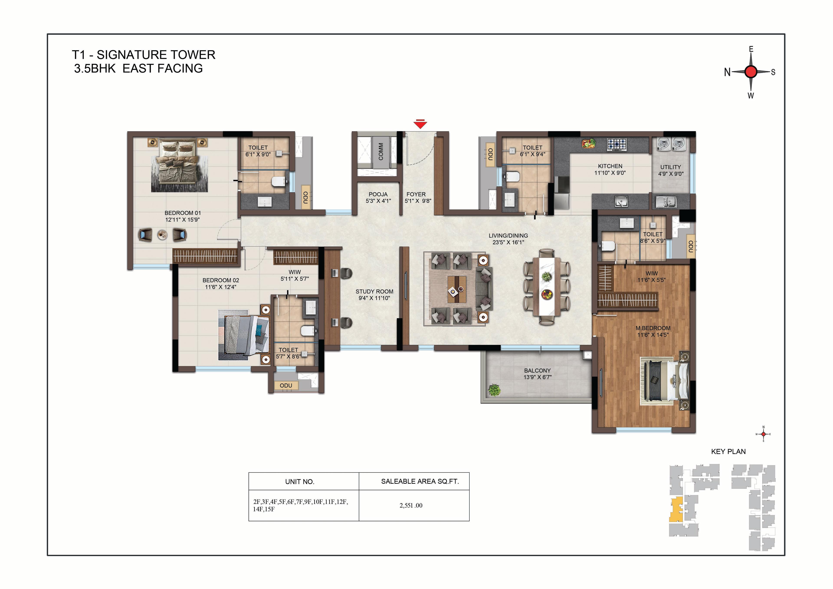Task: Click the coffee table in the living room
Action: (x=457, y=289)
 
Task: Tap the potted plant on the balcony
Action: (x=494, y=390)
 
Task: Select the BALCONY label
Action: (x=537, y=371)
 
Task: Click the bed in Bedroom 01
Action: (x=179, y=165)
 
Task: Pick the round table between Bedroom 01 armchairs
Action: (x=162, y=235)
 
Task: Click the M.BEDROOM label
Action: (x=653, y=328)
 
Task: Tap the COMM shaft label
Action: (x=380, y=151)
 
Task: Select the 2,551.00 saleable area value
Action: (x=411, y=505)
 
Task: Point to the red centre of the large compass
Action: (x=751, y=72)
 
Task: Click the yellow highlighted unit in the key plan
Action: (x=676, y=510)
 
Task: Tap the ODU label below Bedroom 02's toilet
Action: (x=286, y=386)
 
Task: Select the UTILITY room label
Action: (x=671, y=167)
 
